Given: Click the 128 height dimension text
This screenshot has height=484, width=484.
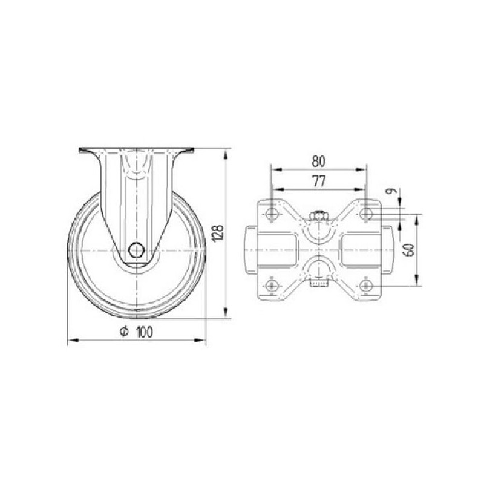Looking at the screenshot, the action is coord(218,234).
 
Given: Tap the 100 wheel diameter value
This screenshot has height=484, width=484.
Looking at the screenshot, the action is coord(144,332).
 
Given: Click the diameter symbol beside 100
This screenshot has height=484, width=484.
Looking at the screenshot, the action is coord(124,332).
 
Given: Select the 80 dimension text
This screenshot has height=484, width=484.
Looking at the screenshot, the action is coord(319,162).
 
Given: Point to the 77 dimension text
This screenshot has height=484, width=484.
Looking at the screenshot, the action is coord(319,181).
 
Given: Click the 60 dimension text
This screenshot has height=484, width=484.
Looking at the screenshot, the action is coord(410,250).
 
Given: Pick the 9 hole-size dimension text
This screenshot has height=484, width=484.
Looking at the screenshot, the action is coord(391,191).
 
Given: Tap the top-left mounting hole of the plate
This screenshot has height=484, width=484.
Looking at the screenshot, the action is coord(272,213).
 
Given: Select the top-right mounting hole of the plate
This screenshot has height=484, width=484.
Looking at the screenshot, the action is coord(366,213).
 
